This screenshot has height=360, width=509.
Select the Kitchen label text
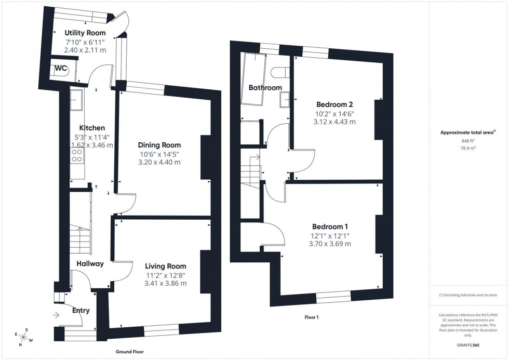tap(92, 128)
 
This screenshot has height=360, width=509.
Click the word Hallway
tap(90, 264)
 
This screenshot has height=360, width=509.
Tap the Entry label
tap(81, 311)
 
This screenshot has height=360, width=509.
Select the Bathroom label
tap(265, 88)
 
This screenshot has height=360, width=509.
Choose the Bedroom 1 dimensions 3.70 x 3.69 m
tap(330, 243)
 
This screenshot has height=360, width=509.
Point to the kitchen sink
tap(77, 100)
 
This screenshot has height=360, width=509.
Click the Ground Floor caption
tap(130, 352)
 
